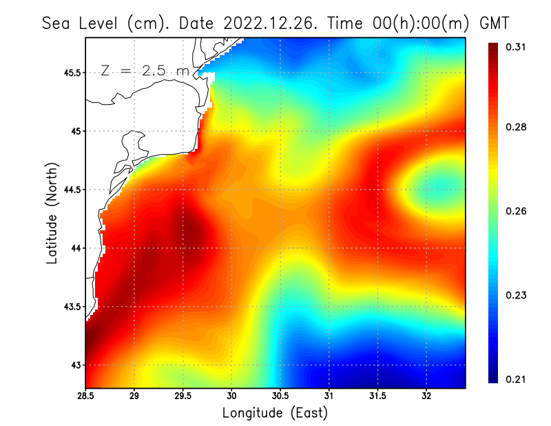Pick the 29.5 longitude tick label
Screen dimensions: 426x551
pyautogui.click(x=183, y=396)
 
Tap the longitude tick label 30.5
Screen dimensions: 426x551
pyautogui.click(x=280, y=396)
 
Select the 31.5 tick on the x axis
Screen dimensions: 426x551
pyautogui.click(x=377, y=396)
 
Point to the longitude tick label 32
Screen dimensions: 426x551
pyautogui.click(x=426, y=396)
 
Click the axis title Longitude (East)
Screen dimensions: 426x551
pyautogui.click(x=275, y=414)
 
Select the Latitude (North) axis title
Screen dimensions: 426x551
pyautogui.click(x=52, y=213)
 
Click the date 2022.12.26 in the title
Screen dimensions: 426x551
pyautogui.click(x=267, y=23)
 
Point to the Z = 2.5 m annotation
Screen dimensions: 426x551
pyautogui.click(x=145, y=70)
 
